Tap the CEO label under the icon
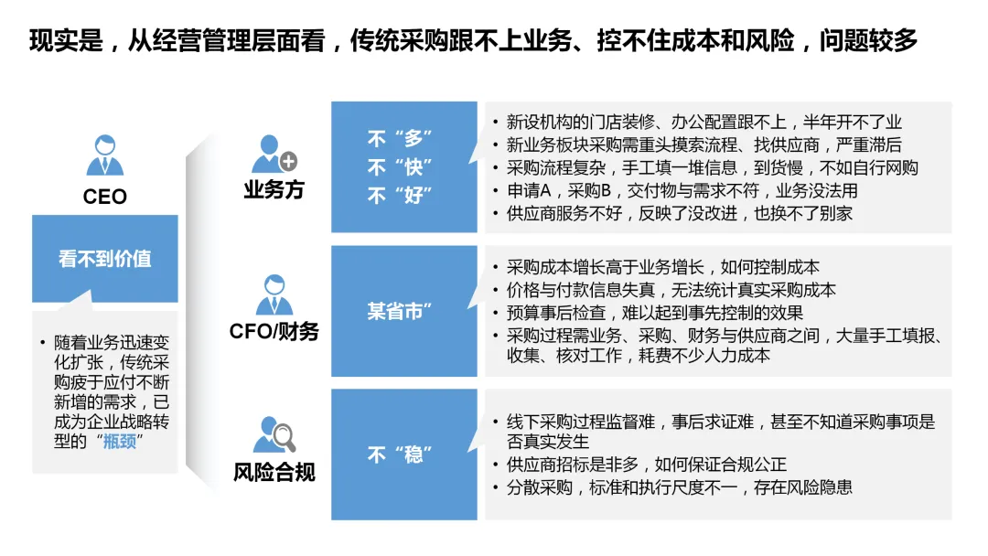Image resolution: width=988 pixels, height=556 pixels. click(104, 197)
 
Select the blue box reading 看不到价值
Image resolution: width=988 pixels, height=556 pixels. click(104, 259)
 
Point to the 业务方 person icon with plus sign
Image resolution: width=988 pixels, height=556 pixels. click(274, 155)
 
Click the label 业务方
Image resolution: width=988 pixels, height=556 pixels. click(274, 190)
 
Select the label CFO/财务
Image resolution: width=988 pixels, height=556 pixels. click(274, 331)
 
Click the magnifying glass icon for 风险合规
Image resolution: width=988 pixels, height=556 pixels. click(274, 435)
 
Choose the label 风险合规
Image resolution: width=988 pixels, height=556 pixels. click(274, 472)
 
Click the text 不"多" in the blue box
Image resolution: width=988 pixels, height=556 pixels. click(400, 140)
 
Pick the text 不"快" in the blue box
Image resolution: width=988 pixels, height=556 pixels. click(400, 168)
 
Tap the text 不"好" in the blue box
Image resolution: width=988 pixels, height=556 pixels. click(400, 196)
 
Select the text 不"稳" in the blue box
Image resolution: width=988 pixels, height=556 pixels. click(400, 454)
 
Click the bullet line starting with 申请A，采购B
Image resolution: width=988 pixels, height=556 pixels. click(682, 191)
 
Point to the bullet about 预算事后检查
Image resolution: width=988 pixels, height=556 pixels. click(654, 313)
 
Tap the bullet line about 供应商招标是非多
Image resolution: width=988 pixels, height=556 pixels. click(646, 465)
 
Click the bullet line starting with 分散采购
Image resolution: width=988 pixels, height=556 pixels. click(679, 487)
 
